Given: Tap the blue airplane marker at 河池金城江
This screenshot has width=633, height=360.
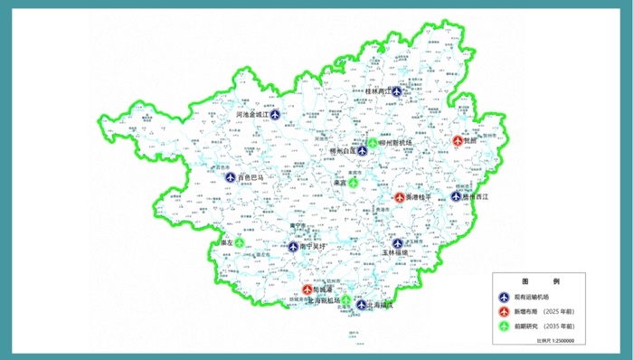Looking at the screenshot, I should click(275, 116).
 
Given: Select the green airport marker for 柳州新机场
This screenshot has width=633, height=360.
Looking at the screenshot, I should click(373, 142).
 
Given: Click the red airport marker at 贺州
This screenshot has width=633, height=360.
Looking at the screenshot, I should click(458, 141).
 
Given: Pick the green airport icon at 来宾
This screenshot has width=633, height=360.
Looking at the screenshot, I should click(354, 183).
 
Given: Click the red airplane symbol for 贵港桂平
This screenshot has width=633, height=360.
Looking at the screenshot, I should click(400, 196).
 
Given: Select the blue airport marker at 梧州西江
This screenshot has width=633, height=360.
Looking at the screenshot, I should click(457, 196).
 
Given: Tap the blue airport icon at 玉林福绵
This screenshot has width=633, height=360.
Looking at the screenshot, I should click(397, 243).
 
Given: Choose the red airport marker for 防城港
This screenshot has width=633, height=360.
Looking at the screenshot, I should click(307, 289).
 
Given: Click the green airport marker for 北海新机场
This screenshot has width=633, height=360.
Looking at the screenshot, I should click(346, 299).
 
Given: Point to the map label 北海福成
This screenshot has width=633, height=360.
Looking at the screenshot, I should click(381, 306).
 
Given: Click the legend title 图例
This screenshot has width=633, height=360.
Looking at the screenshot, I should click(535, 282).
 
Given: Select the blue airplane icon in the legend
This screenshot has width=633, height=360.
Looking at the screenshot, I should click(504, 296).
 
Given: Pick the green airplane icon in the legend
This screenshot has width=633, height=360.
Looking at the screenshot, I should click(504, 326).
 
